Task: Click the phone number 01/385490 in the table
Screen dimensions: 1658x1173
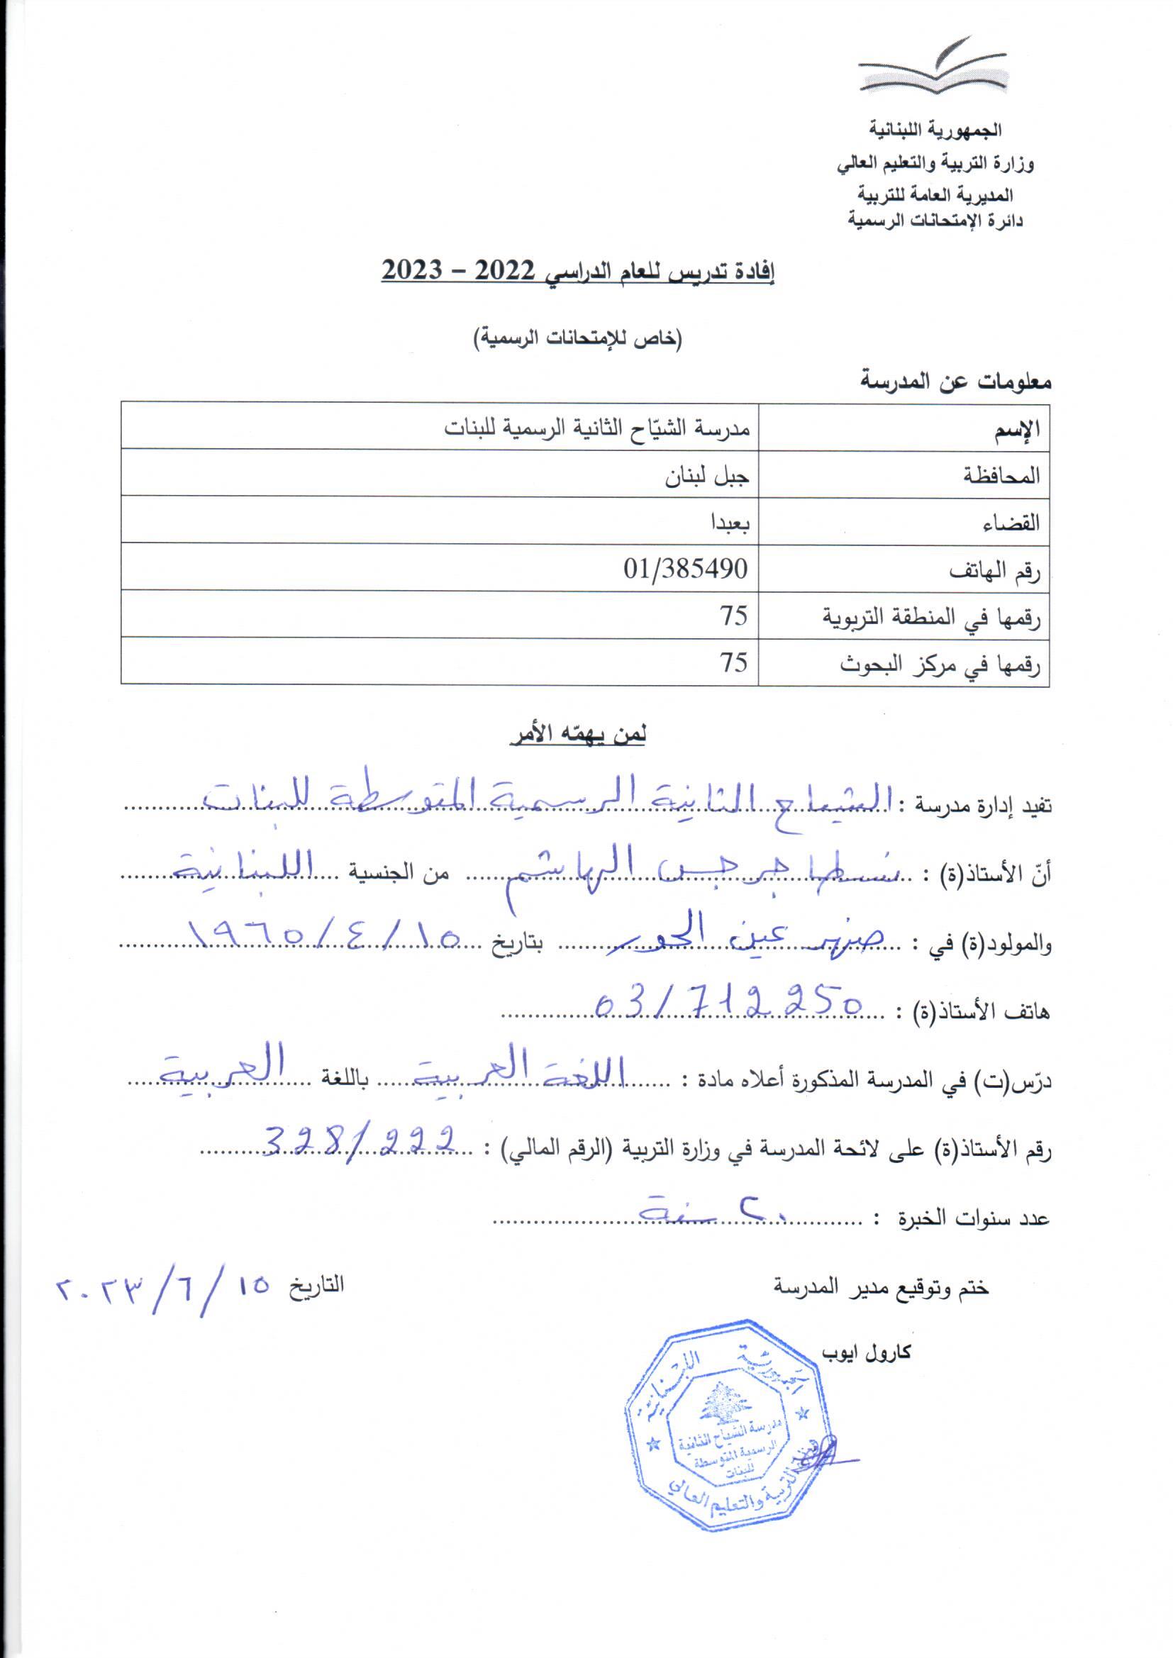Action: tap(686, 569)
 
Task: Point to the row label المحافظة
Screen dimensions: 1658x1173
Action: tap(1001, 475)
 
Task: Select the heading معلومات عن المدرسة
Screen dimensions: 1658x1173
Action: tap(955, 381)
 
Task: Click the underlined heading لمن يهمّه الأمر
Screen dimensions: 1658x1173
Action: tap(578, 735)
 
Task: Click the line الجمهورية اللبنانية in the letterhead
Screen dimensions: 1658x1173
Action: tap(935, 130)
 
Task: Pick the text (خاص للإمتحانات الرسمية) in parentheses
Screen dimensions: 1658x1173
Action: tap(577, 338)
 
